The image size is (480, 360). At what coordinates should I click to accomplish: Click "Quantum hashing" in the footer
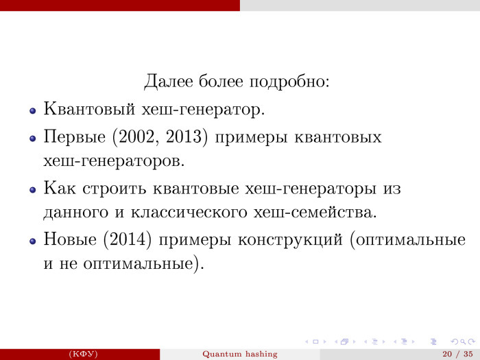[x=240, y=354]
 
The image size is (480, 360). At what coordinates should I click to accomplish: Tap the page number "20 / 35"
[x=455, y=354]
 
